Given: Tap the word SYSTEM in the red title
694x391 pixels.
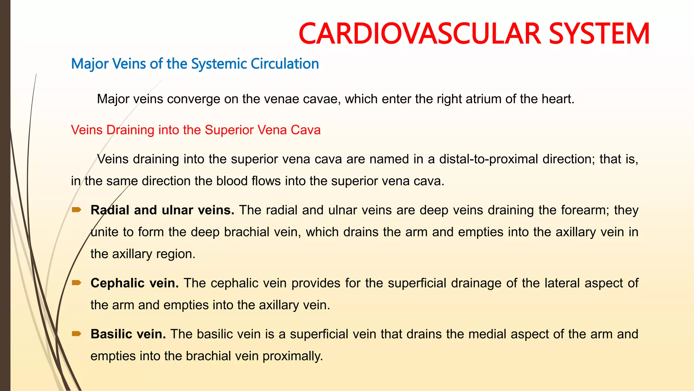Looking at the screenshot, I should [599, 33].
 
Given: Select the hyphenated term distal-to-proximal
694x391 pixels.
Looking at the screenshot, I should [489, 159].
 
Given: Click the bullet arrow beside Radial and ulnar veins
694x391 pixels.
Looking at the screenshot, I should [77, 210].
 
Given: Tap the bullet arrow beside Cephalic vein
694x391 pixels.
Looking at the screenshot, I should [77, 283].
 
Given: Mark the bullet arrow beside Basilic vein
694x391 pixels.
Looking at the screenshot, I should [77, 334].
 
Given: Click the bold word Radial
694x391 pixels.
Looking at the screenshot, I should [110, 210].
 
